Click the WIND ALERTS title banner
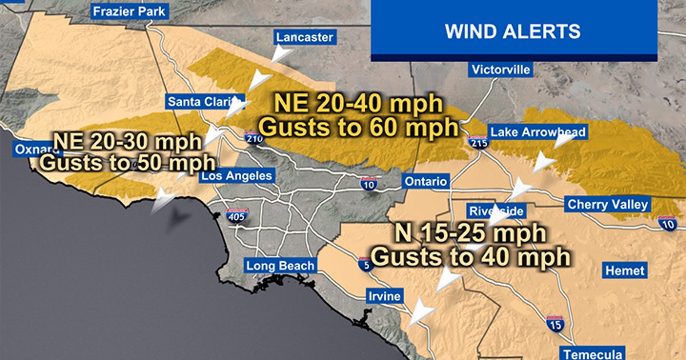513,30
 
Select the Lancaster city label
304,38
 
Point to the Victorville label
501,70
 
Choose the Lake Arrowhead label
538,133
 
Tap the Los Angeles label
236,175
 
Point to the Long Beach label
280,266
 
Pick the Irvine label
384,296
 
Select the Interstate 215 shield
478,142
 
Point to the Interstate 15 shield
554,323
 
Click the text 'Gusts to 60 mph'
359,127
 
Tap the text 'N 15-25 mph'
470,234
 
